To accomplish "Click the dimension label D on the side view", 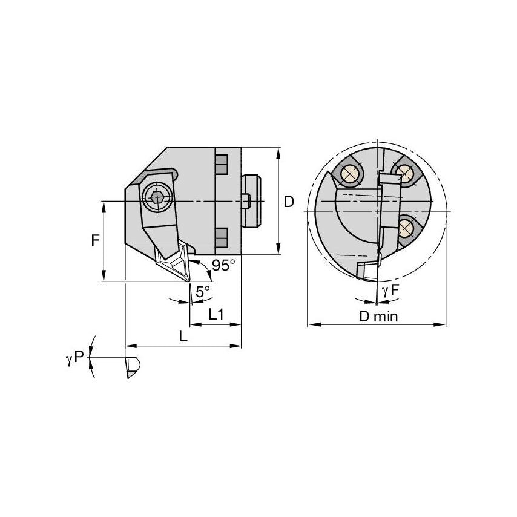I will coord(289,202).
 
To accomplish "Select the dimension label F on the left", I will coord(95,240).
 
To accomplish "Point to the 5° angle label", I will coord(203,291).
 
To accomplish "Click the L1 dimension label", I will coord(216,315).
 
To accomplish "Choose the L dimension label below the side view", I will coord(183,337).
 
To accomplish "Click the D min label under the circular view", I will coord(378,316).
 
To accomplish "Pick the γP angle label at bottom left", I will coord(74,360).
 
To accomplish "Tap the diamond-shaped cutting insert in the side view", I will coord(173,262).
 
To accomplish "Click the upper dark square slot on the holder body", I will coord(222,163).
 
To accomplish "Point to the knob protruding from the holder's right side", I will coord(252,200).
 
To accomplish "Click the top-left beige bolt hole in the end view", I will coord(349,175).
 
